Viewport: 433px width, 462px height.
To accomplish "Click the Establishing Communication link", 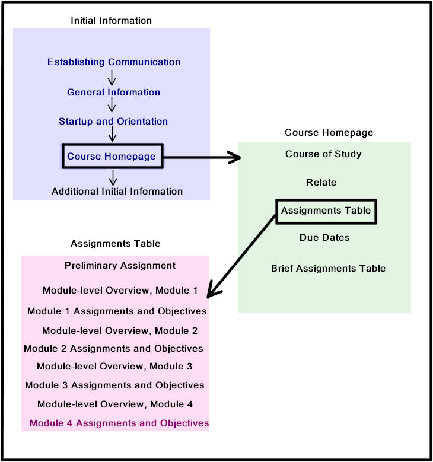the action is (x=114, y=62).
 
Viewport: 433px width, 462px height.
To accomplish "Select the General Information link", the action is (x=113, y=93).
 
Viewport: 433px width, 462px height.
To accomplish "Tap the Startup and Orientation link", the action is (x=113, y=121).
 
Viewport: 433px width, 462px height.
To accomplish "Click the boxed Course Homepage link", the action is (x=112, y=156).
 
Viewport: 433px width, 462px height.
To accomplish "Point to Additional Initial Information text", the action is (x=117, y=191).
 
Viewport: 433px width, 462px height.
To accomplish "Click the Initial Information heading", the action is (x=111, y=21).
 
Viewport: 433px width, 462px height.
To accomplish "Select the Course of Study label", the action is (x=323, y=154).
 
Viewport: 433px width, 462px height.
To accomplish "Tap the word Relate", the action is (x=321, y=183).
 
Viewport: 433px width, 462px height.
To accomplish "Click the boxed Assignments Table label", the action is (x=326, y=211).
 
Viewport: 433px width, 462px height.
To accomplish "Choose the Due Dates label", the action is (x=324, y=237).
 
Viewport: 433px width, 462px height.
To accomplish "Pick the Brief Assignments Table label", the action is (x=329, y=269).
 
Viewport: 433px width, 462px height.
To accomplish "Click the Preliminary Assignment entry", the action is (x=120, y=266).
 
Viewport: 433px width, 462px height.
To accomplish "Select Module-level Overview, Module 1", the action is (x=120, y=291).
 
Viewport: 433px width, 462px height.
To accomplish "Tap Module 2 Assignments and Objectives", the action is (x=113, y=349).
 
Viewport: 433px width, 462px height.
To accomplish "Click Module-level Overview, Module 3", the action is (x=114, y=367).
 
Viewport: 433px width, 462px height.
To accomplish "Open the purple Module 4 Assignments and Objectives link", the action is (x=119, y=423).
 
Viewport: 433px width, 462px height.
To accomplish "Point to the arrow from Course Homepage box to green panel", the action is (x=202, y=157).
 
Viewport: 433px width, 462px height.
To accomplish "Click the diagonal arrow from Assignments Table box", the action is (x=241, y=256).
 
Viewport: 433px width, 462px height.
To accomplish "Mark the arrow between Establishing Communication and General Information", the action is (x=112, y=78).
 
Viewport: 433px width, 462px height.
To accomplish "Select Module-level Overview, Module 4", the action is (x=115, y=404).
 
